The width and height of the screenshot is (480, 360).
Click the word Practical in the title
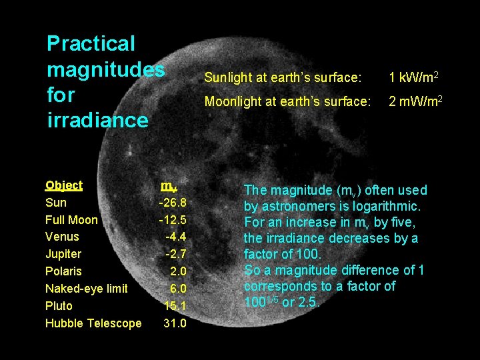click(91, 45)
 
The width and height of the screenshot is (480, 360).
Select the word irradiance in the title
click(97, 121)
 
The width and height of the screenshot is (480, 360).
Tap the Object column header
click(64, 185)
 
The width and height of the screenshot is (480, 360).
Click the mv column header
click(169, 185)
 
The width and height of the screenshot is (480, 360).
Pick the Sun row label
click(56, 203)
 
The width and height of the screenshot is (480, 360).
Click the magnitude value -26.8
click(173, 203)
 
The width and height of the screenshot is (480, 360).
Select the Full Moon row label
click(71, 220)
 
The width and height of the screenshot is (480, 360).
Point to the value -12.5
click(173, 220)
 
